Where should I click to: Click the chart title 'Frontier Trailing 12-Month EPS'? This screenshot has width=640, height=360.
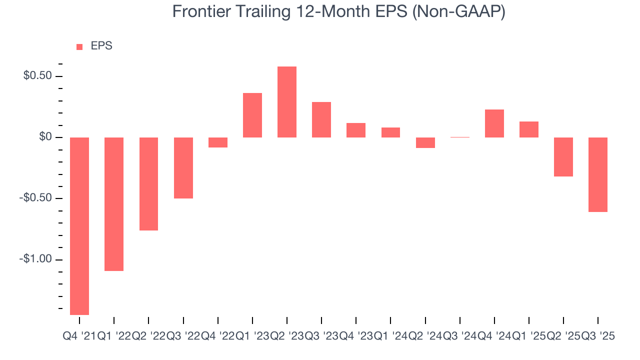coord(338,11)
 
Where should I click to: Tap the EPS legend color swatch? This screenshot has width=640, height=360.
coord(79,46)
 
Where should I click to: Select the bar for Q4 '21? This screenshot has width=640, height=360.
coord(79,226)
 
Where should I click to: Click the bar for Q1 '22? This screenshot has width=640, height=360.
coord(114,204)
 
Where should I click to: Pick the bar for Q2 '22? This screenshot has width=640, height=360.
coord(148,183)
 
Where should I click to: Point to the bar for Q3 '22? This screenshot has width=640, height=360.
coord(183,167)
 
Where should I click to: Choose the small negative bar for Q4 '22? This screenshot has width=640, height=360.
coord(218,142)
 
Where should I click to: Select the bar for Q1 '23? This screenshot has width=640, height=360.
coord(252,115)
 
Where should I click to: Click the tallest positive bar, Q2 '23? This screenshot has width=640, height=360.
coord(287,102)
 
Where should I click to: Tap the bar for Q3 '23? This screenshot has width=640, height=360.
coord(321,119)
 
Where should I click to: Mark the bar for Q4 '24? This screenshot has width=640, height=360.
coord(494,123)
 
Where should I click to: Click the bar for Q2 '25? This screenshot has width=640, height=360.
coord(563,157)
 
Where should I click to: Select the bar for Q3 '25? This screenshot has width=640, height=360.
coord(598,174)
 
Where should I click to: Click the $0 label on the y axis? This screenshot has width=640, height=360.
coord(46,137)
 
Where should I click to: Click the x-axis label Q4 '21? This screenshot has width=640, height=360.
coord(79,336)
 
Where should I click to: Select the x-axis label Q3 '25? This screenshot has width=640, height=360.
coord(598,336)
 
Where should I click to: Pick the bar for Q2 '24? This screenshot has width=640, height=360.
coord(425,142)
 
